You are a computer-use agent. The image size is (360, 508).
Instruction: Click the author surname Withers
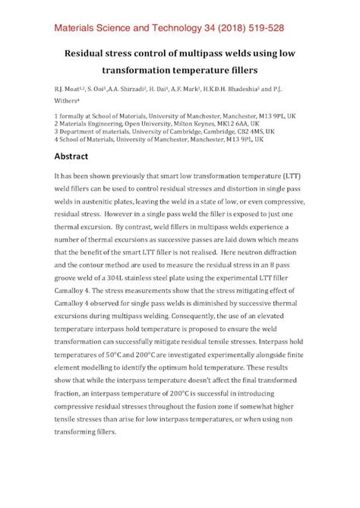[70, 106]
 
